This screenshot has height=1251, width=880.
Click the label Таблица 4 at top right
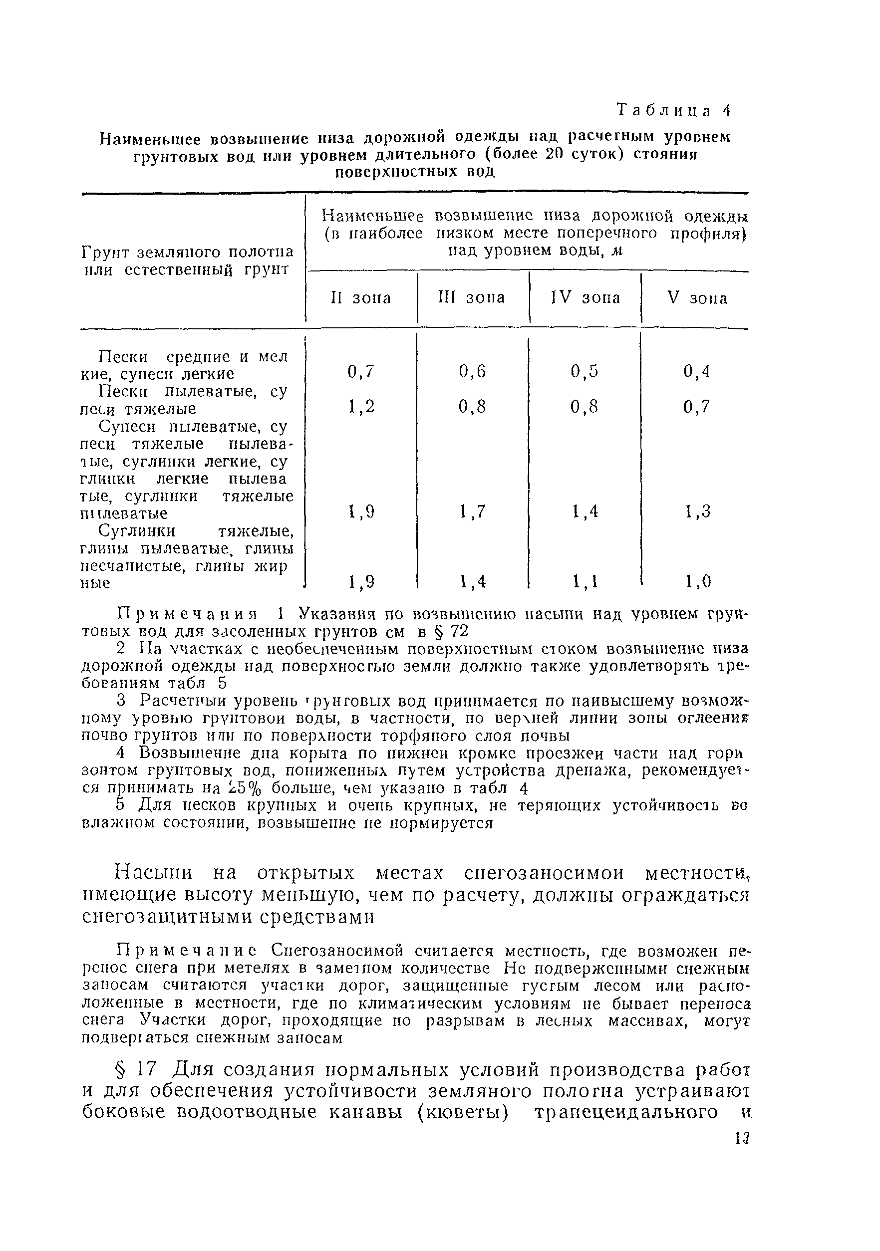coord(673,111)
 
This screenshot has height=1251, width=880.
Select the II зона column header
coord(361,298)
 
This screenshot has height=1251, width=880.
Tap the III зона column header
coord(471,297)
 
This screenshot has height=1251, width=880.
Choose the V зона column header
coord(697,298)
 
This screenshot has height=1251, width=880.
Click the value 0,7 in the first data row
coord(361,372)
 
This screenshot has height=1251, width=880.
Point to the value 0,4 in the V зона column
coord(697,372)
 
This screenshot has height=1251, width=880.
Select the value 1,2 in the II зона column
coord(361,407)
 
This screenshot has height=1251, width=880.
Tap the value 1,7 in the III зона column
coord(472,511)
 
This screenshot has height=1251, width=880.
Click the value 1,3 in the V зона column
coord(697,511)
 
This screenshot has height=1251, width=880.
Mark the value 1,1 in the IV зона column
coord(585,582)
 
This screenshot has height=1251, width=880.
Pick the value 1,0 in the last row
coord(697,582)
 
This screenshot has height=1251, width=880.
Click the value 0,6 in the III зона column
coord(472,372)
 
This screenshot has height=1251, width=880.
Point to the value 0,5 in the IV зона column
coord(585,372)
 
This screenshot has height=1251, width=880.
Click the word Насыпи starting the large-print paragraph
coord(154,873)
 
